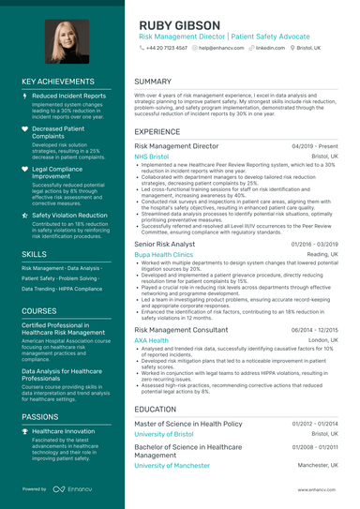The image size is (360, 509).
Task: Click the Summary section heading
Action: point(153,82)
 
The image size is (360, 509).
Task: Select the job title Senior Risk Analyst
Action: point(165,244)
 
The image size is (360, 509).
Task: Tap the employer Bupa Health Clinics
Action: point(163,254)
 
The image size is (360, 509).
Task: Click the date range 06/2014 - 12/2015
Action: point(315,331)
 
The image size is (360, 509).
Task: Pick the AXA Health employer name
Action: point(153,340)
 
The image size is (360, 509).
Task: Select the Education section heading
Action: point(155,409)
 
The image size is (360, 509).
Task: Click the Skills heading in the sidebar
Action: point(35,254)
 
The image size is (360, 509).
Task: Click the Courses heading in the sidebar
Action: point(39,309)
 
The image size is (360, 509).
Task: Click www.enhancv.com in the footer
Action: point(318,489)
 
